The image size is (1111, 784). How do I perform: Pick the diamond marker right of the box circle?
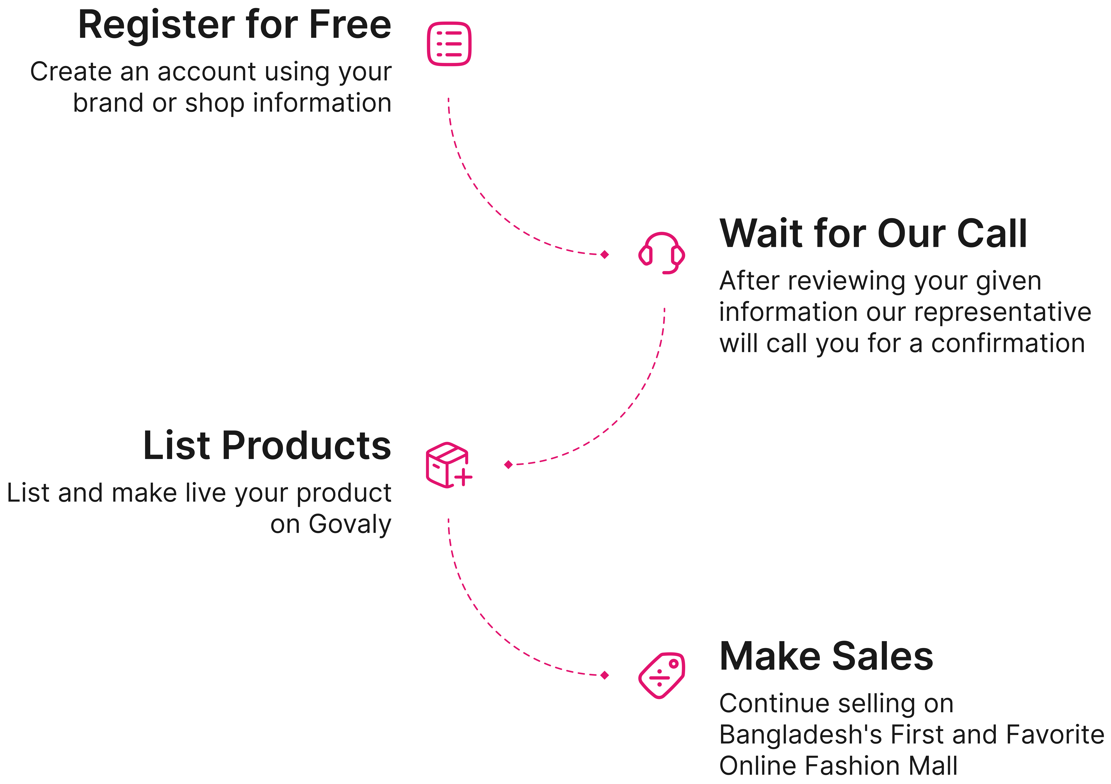508,465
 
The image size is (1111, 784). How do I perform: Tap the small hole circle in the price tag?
673,664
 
